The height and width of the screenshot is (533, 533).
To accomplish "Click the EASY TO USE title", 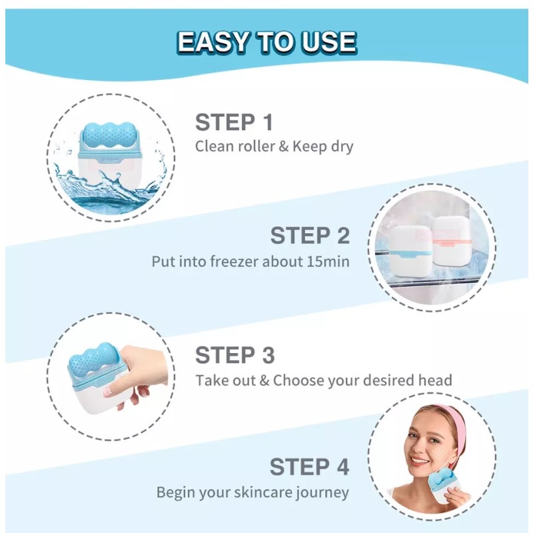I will (266, 42).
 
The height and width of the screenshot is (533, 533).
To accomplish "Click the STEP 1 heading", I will (234, 123).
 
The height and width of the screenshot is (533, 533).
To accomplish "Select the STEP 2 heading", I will (310, 235).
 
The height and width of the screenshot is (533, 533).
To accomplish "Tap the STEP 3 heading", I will (235, 355).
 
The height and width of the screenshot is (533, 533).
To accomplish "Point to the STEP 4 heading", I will (309, 467).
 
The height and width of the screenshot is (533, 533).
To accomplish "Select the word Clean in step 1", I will (211, 147).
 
